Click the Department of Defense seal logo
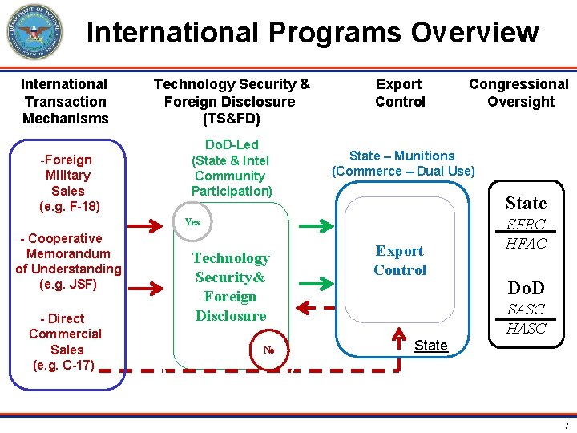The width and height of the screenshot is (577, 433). click(x=34, y=32)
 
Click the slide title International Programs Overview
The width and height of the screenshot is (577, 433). click(x=313, y=33)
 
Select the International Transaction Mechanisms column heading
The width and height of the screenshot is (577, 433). click(x=65, y=101)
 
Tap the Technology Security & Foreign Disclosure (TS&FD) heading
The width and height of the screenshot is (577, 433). click(x=231, y=101)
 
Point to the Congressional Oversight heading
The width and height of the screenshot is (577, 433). click(x=518, y=93)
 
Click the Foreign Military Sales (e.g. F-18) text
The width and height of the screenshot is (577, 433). click(x=68, y=183)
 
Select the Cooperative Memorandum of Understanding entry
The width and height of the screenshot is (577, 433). click(x=68, y=261)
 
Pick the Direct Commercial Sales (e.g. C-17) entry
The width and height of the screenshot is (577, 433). click(x=66, y=342)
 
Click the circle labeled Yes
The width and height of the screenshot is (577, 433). click(x=192, y=222)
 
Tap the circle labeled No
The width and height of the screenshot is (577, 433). click(x=269, y=350)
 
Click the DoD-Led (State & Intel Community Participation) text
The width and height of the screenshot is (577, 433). click(x=232, y=168)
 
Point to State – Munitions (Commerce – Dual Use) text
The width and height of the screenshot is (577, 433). click(x=403, y=164)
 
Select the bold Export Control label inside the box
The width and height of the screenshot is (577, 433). click(x=400, y=261)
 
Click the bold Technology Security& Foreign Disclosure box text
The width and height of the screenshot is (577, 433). click(x=231, y=286)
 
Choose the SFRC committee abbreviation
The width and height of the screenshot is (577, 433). click(x=527, y=226)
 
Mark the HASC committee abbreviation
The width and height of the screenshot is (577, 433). click(x=526, y=328)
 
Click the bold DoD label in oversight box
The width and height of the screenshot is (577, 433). click(x=526, y=288)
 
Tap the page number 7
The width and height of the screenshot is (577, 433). click(x=566, y=426)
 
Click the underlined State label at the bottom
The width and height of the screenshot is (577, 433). click(x=430, y=346)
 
